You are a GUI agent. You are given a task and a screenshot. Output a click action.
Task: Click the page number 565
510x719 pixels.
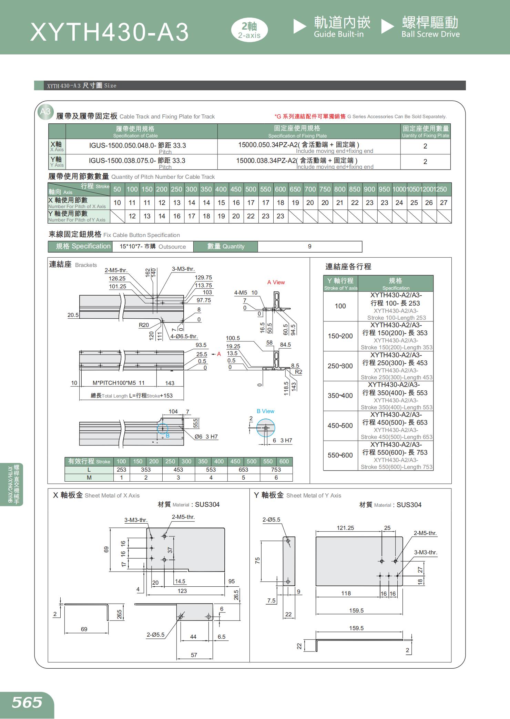[27, 702]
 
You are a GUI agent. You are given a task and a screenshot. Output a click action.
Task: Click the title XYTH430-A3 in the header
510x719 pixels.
[110, 32]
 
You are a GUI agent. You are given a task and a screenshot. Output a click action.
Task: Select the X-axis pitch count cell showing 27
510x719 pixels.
[443, 203]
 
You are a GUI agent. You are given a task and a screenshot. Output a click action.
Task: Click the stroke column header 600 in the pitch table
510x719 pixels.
[280, 189]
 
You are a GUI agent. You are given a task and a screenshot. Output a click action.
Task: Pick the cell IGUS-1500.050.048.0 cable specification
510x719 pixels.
[137, 145]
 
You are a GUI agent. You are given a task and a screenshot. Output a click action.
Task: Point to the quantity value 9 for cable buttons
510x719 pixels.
[309, 246]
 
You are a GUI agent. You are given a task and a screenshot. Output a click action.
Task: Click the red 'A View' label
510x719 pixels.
[276, 282]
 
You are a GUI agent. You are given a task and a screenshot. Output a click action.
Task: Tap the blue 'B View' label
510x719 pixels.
[265, 411]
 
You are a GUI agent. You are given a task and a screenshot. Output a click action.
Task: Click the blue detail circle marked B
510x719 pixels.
[163, 429]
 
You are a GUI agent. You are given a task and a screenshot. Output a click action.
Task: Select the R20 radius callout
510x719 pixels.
[144, 325]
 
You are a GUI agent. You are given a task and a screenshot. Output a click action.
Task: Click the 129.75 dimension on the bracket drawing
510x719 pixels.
[203, 277]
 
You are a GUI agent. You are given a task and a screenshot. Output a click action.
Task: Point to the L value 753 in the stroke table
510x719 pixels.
[276, 470]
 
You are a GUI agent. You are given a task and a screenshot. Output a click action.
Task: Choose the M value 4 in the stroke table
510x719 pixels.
[211, 477]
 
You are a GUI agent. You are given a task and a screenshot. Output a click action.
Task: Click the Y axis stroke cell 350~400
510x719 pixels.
[340, 396]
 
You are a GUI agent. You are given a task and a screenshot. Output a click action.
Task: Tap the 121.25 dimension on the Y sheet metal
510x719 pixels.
[345, 528]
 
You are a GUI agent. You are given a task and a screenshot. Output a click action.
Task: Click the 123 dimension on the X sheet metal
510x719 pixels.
[182, 591]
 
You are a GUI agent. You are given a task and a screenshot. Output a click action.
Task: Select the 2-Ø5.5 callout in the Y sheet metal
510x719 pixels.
[271, 520]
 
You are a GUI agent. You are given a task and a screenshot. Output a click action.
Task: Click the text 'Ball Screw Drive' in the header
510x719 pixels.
[430, 34]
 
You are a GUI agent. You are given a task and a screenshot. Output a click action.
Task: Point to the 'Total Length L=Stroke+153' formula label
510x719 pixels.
[132, 396]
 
